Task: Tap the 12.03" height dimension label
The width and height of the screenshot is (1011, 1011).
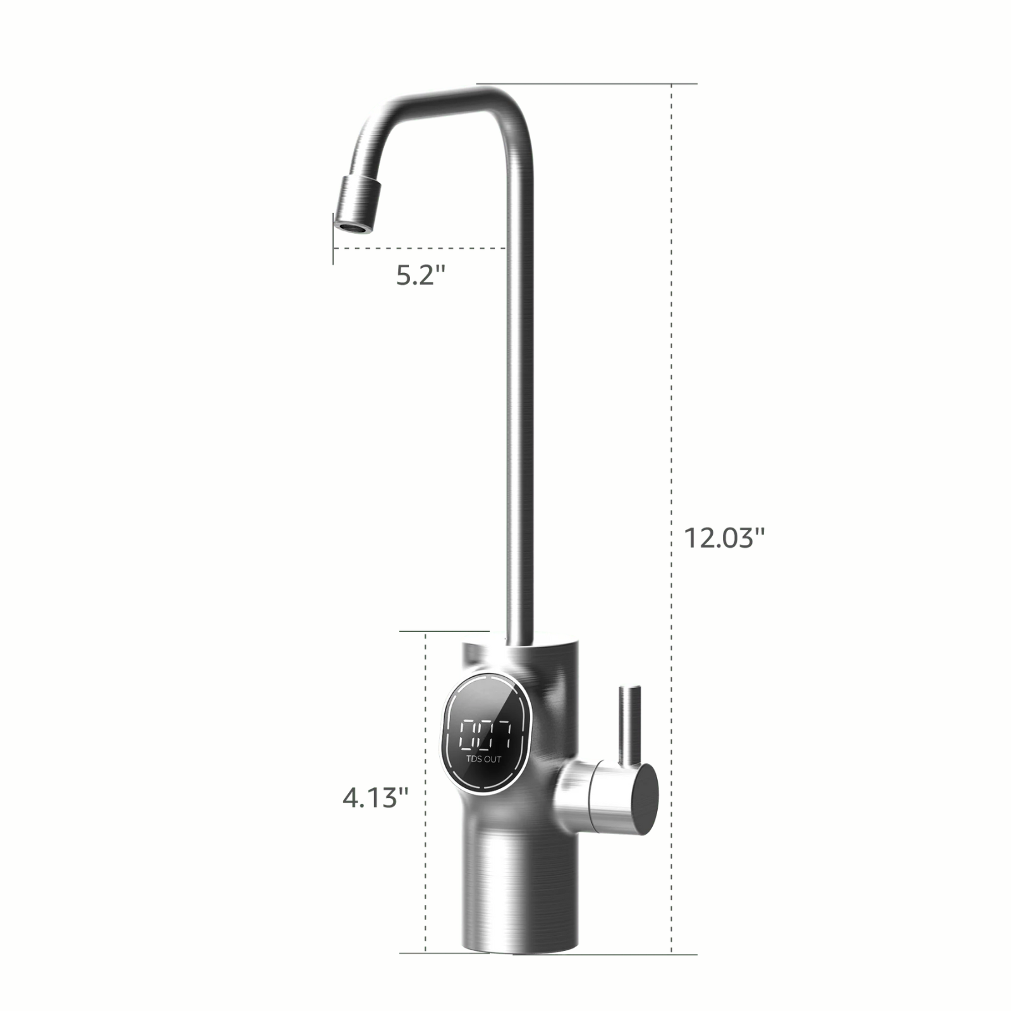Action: [724, 538]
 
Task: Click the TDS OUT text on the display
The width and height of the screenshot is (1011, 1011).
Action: [483, 759]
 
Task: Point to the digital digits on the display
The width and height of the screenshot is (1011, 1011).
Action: [485, 734]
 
